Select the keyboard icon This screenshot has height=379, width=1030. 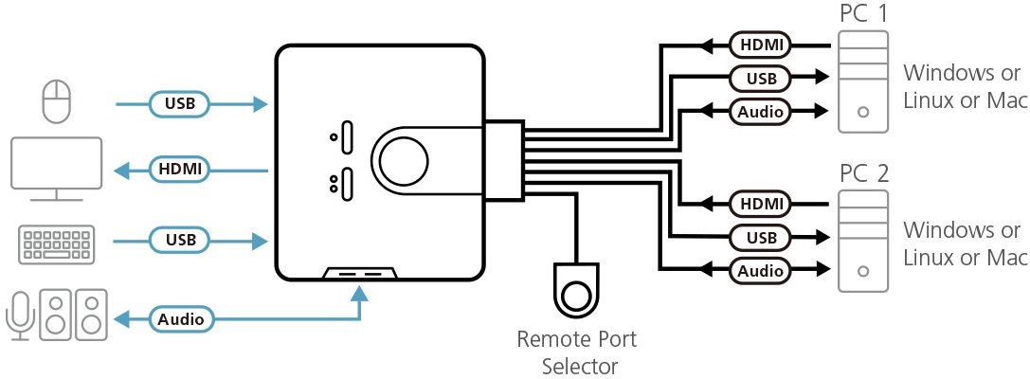(x=55, y=243)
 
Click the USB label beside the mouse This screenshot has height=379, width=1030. (x=180, y=103)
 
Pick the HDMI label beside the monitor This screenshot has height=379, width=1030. (x=180, y=170)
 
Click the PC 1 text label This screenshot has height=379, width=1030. (x=863, y=14)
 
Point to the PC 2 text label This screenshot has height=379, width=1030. (x=863, y=174)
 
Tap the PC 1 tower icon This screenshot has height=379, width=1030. (x=862, y=82)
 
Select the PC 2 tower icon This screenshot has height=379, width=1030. (x=862, y=242)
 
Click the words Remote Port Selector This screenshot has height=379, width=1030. (x=576, y=352)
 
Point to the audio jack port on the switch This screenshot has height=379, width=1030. (x=360, y=275)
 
